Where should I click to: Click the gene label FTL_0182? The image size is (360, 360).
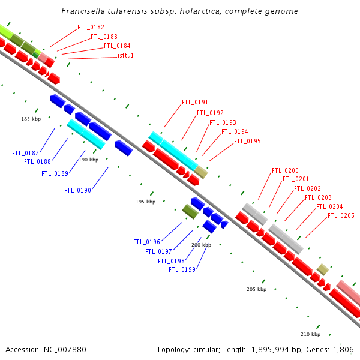pos(91,27)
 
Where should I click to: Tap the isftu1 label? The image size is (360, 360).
pos(125,55)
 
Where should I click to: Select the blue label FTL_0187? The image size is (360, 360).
pos(25,153)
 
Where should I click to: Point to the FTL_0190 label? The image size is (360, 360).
pos(77,190)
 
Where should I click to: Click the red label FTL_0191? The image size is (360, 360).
pos(195,103)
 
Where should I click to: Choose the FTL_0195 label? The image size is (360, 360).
pos(247,142)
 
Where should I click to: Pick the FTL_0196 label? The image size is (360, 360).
pos(146,242)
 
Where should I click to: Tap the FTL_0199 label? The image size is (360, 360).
pos(182,269)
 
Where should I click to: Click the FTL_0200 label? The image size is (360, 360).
pos(285,170)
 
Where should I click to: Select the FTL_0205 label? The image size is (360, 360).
pos(341,215)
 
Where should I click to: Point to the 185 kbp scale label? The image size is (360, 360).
pos(31,119)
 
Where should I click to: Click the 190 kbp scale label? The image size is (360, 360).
pos(88,160)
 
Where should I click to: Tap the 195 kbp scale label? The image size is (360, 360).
pos(146,202)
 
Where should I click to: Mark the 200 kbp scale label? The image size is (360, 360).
pos(202,245)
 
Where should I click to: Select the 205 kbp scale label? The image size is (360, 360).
pos(257,289)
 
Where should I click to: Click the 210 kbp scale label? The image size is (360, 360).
pos(311,334)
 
